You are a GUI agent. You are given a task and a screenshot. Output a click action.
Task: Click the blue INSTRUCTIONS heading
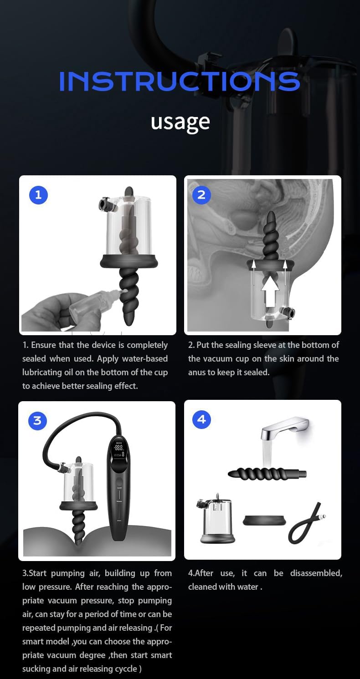(180, 82)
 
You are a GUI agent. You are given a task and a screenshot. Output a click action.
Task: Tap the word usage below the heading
(180, 122)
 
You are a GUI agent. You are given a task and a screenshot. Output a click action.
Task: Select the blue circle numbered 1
(38, 195)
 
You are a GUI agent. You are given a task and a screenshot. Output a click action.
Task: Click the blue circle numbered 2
(201, 195)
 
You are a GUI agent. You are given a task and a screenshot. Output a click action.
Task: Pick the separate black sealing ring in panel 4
(264, 520)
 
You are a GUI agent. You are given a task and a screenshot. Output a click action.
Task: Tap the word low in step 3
(30, 587)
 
